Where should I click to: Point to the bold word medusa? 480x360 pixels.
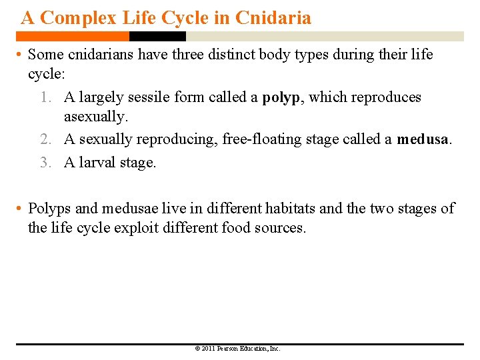[423, 139]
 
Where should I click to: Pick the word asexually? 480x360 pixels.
[95, 117]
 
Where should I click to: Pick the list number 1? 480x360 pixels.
[44, 97]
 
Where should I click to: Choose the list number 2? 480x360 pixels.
[44, 139]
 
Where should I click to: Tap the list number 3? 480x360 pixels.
[44, 162]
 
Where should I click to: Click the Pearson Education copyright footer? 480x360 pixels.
[238, 348]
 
